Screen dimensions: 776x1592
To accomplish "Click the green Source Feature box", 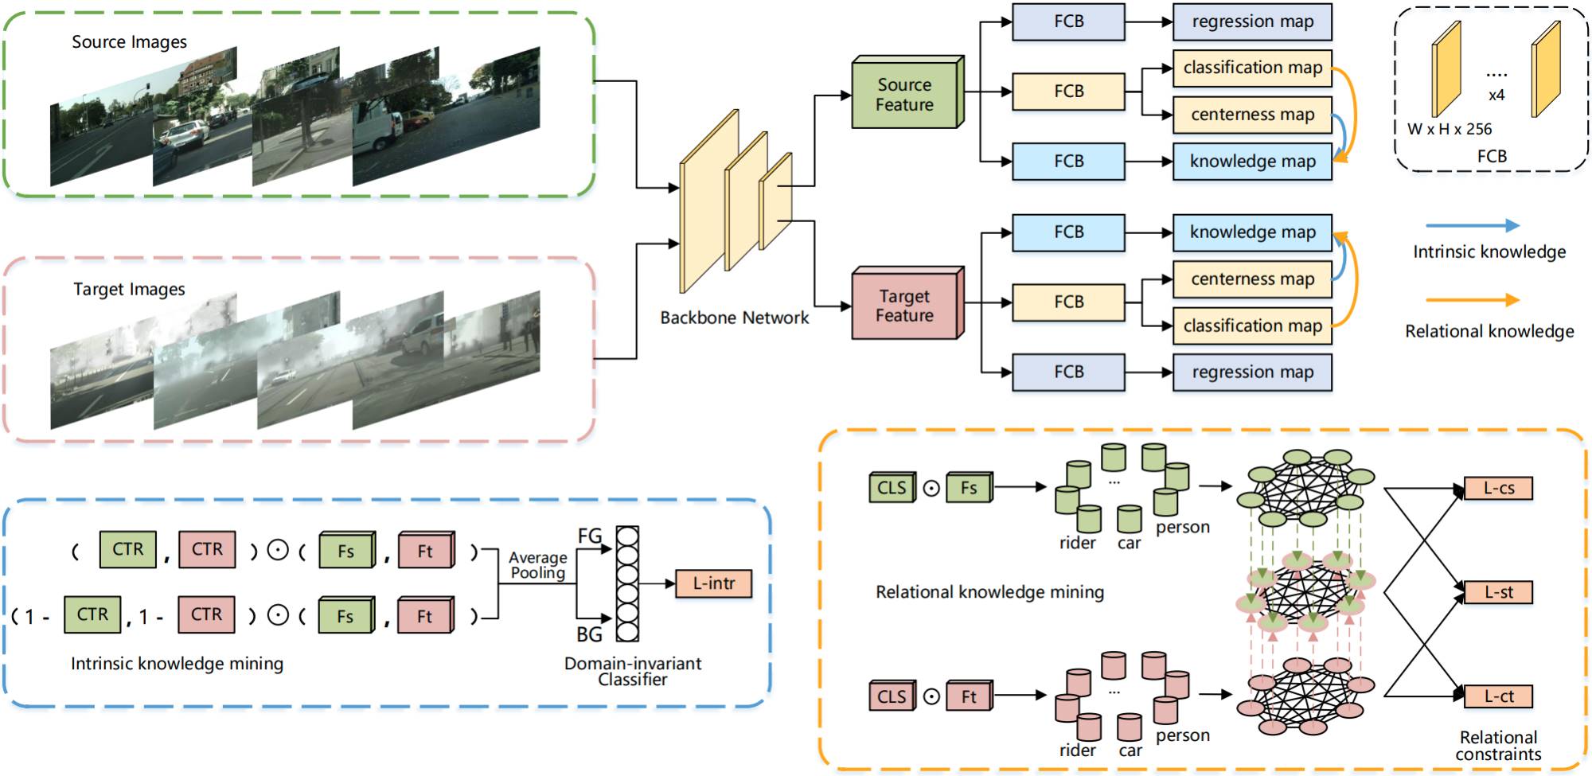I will tap(905, 95).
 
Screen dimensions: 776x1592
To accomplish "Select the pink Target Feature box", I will tap(905, 306).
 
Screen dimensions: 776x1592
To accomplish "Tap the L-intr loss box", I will tap(713, 583).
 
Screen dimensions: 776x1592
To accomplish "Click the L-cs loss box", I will tap(1498, 489).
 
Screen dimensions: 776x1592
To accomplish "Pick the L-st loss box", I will tap(1498, 592).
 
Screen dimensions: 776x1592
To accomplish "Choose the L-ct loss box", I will tap(1498, 696).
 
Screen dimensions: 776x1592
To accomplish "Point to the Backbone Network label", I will tap(734, 318).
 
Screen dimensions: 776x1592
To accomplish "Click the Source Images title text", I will tap(129, 42).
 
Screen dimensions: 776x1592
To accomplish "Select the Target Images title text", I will tap(129, 290).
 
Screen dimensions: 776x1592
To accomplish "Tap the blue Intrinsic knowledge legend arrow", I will tap(1472, 226).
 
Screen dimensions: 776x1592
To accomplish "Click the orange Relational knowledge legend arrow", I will tap(1472, 300).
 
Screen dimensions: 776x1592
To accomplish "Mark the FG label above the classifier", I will tap(590, 536).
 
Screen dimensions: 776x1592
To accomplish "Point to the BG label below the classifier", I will tap(590, 634).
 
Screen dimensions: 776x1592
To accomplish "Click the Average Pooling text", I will tap(538, 565).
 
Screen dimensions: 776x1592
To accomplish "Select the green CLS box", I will tap(892, 488).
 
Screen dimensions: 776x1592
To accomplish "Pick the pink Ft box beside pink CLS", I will tap(969, 696).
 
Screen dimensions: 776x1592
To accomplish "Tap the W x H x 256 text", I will tap(1450, 129).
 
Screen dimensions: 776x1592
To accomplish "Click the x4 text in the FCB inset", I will tap(1496, 96).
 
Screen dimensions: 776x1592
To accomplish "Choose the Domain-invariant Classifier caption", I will tap(633, 671).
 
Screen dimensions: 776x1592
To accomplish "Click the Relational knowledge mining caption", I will tap(989, 592).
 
